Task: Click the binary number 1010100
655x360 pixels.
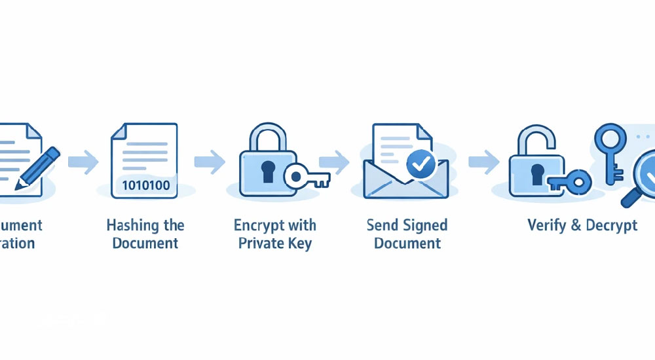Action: click(x=145, y=185)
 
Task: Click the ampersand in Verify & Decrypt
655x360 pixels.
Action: click(x=576, y=226)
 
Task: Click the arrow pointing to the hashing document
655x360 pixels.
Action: click(x=83, y=161)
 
